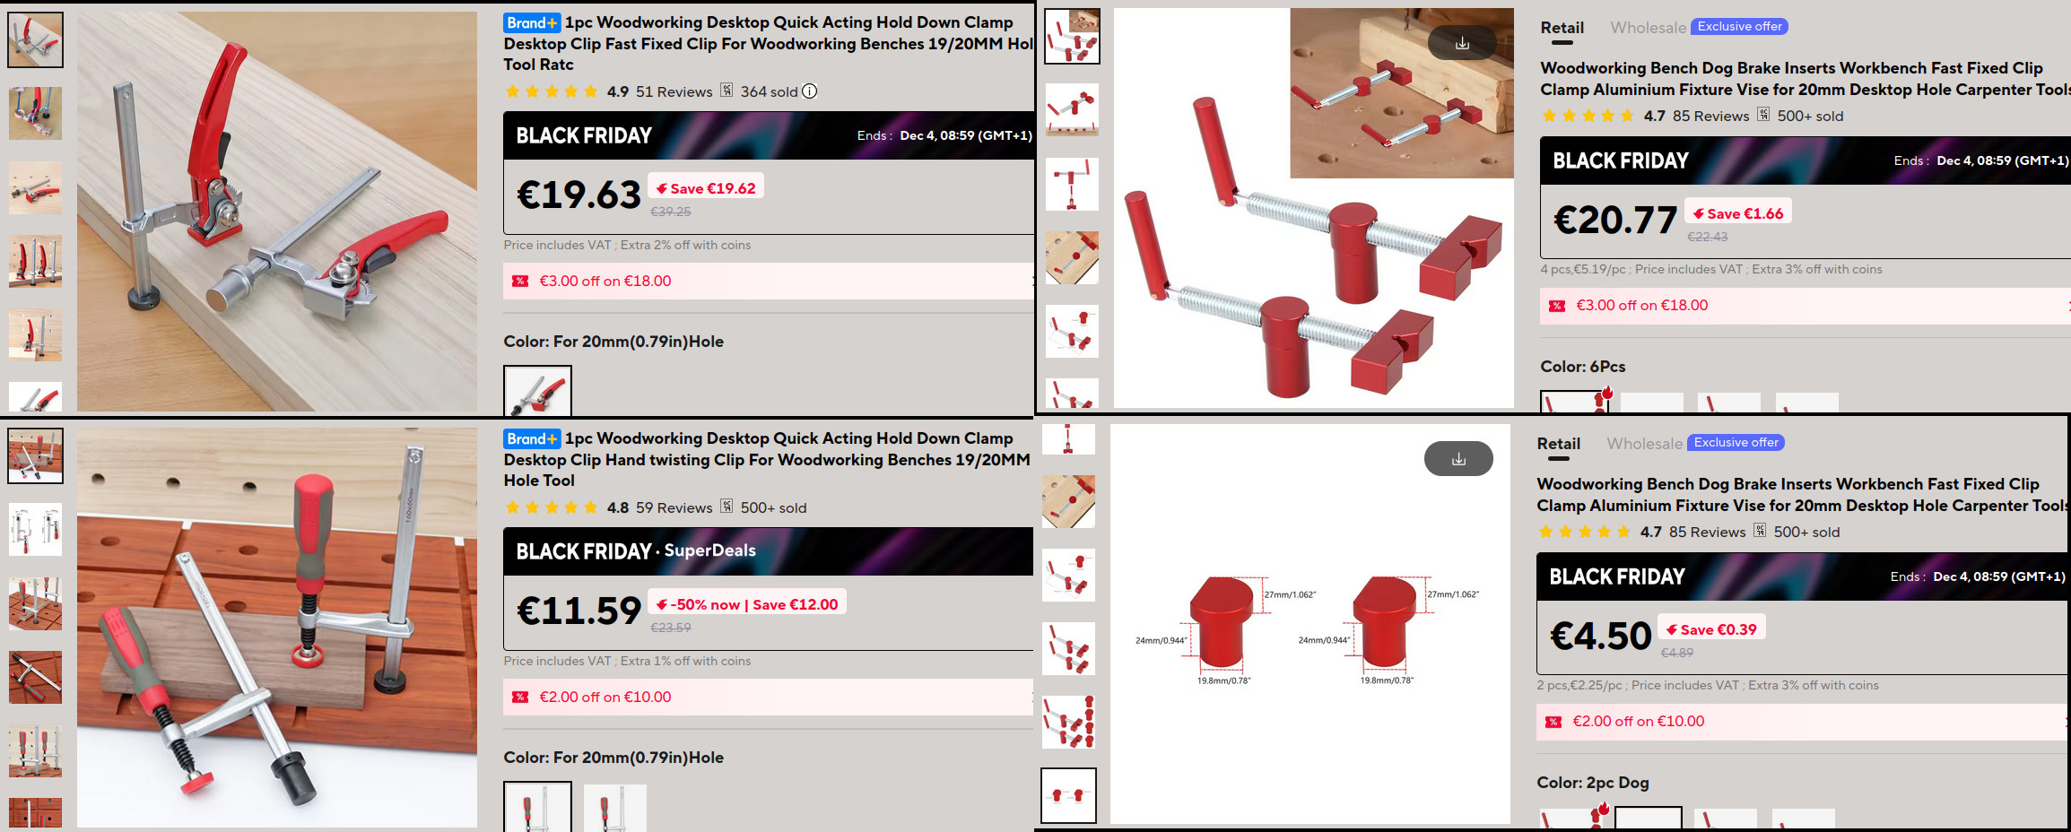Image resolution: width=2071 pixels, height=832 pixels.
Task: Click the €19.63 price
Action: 579,195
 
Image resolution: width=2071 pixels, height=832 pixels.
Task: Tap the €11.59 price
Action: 579,611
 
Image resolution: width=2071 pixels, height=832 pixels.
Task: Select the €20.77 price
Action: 1615,220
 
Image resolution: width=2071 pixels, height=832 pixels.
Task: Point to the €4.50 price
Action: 1601,636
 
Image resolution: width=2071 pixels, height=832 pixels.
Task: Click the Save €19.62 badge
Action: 706,188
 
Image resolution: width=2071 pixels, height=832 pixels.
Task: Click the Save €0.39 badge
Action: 1711,629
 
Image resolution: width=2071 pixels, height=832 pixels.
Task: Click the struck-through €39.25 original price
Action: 671,212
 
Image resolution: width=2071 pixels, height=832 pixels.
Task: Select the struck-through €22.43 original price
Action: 1708,237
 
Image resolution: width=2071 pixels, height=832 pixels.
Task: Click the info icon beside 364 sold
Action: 809,91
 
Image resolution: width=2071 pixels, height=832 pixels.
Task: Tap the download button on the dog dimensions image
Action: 1458,459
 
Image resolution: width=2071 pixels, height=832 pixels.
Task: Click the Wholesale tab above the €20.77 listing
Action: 1649,28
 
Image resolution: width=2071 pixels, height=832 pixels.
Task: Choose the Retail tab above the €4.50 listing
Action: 1559,444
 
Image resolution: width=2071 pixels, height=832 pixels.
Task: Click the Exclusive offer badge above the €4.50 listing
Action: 1736,442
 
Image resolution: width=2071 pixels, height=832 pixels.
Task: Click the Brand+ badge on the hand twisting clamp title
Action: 532,438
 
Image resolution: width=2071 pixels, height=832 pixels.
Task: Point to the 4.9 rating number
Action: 618,91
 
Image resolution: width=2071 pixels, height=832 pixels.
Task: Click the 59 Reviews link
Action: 674,507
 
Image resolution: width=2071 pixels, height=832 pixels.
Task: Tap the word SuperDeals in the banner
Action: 709,550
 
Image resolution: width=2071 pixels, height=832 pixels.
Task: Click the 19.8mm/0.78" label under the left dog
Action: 1223,680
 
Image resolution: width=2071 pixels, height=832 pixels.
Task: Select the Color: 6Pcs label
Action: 1583,367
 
